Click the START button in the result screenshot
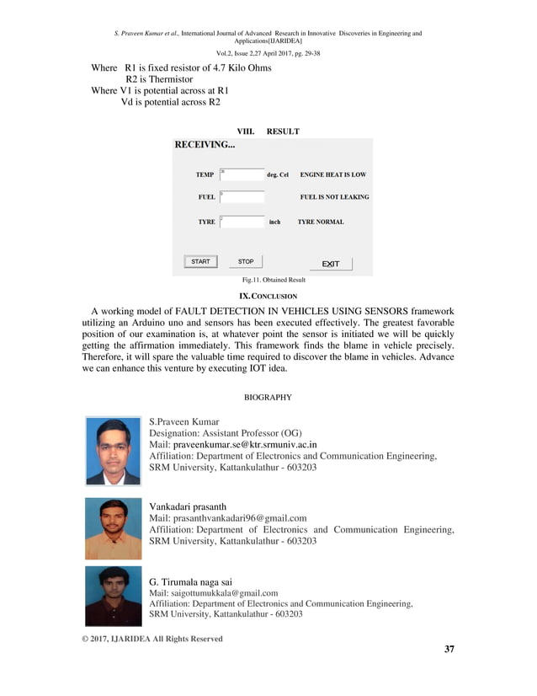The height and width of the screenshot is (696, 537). pos(200,262)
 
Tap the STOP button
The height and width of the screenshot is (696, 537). pos(246,262)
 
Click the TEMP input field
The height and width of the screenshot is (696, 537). pos(242,174)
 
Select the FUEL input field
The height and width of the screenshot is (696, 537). pos(242,197)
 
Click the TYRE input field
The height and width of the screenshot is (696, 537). pos(242,222)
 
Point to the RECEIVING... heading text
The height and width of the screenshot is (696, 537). pos(205,145)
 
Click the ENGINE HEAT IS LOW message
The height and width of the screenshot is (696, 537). pos(332,175)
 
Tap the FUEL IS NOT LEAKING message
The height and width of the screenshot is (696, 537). pos(334,197)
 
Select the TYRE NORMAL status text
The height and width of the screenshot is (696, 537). pos(321,222)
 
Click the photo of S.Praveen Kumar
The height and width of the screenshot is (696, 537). pos(114,452)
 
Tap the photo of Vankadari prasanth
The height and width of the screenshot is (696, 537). pos(114,528)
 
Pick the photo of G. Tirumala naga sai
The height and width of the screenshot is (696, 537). pos(114,596)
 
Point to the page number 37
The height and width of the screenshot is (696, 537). pos(448,649)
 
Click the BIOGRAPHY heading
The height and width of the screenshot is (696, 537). pos(268,396)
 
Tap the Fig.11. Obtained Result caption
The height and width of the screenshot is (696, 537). pos(274,280)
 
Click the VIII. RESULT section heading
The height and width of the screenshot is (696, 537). pos(268,131)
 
